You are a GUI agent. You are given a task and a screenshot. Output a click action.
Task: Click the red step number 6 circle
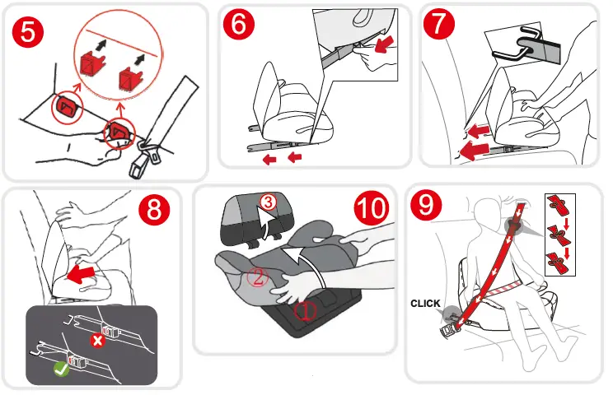tap(239, 26)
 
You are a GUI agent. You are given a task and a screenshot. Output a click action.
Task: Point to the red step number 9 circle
tap(427, 206)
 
